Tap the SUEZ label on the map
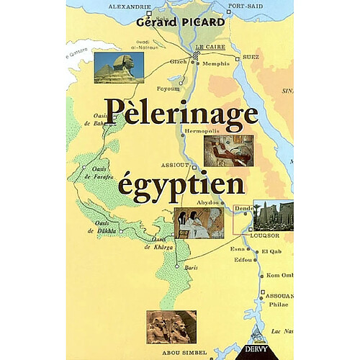tap(251, 56)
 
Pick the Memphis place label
tap(216, 63)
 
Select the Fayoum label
tap(170, 89)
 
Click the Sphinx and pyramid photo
tap(118, 67)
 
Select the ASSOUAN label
tap(278, 296)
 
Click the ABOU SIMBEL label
tap(189, 353)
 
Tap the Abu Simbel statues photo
tap(171, 326)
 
